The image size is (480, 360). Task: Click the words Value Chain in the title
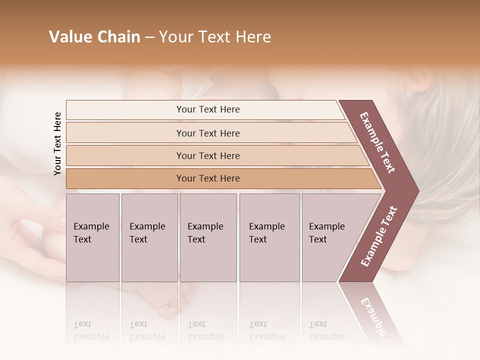(94, 37)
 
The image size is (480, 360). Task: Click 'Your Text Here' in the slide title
(215, 37)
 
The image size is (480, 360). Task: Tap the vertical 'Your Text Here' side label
(57, 143)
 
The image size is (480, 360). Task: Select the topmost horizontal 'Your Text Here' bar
(207, 109)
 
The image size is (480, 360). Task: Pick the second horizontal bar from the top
(207, 133)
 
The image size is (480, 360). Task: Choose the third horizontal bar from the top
(207, 155)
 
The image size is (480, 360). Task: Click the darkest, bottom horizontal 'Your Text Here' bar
(207, 178)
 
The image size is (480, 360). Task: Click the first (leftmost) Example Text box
(92, 237)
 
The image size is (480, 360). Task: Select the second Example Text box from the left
(149, 237)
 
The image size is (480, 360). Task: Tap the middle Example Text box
(208, 237)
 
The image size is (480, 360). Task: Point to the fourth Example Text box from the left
(269, 237)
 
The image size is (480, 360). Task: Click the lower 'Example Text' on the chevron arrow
(379, 236)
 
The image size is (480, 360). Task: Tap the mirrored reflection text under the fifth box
(326, 330)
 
